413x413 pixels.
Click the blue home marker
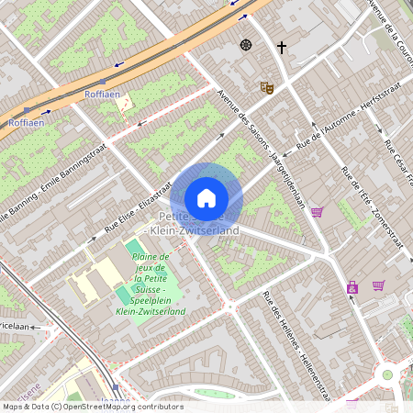tap(206, 198)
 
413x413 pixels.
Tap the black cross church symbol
tap(282, 46)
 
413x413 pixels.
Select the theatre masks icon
tap(267, 87)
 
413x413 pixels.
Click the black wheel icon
tap(246, 44)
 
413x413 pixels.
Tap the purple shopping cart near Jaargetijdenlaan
tap(317, 212)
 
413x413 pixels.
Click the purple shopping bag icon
tap(352, 287)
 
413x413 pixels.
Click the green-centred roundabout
tap(386, 374)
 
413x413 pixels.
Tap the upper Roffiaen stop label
tap(101, 95)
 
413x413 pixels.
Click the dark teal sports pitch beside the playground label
tap(122, 296)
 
